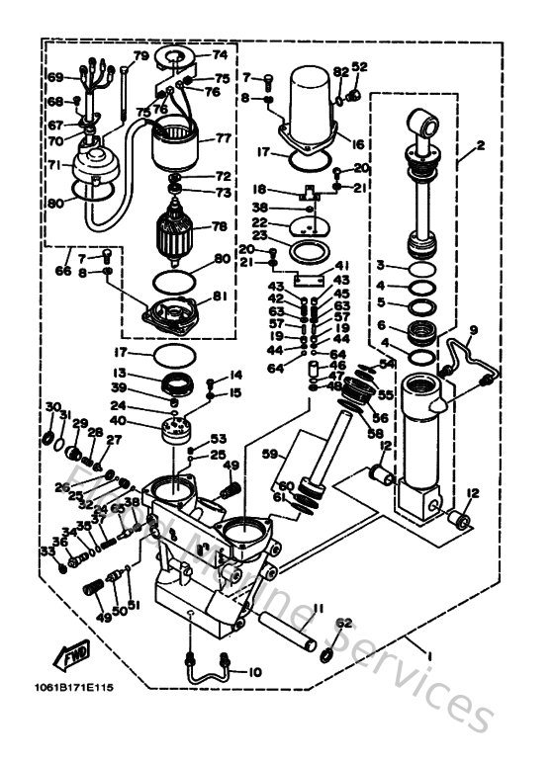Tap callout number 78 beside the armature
(219, 226)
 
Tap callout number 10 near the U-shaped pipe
(254, 672)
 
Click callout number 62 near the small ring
(343, 623)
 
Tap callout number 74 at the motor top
(219, 55)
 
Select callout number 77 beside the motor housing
(222, 139)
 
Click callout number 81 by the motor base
(220, 295)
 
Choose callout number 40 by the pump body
(146, 423)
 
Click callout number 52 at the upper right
(358, 67)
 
